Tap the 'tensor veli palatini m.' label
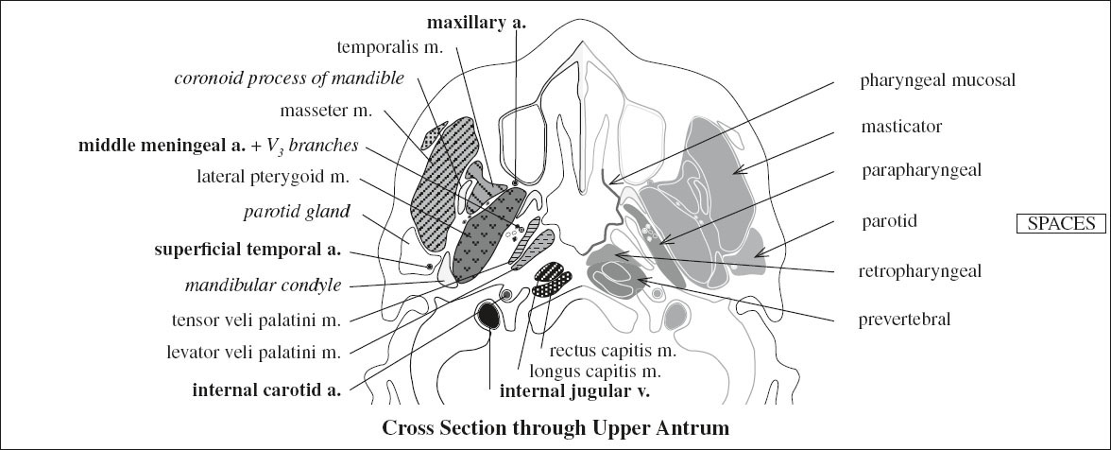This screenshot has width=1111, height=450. [251, 320]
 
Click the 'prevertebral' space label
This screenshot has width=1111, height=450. [905, 319]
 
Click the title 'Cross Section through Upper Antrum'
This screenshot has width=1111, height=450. [555, 427]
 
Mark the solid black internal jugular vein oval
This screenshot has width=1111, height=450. [490, 315]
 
